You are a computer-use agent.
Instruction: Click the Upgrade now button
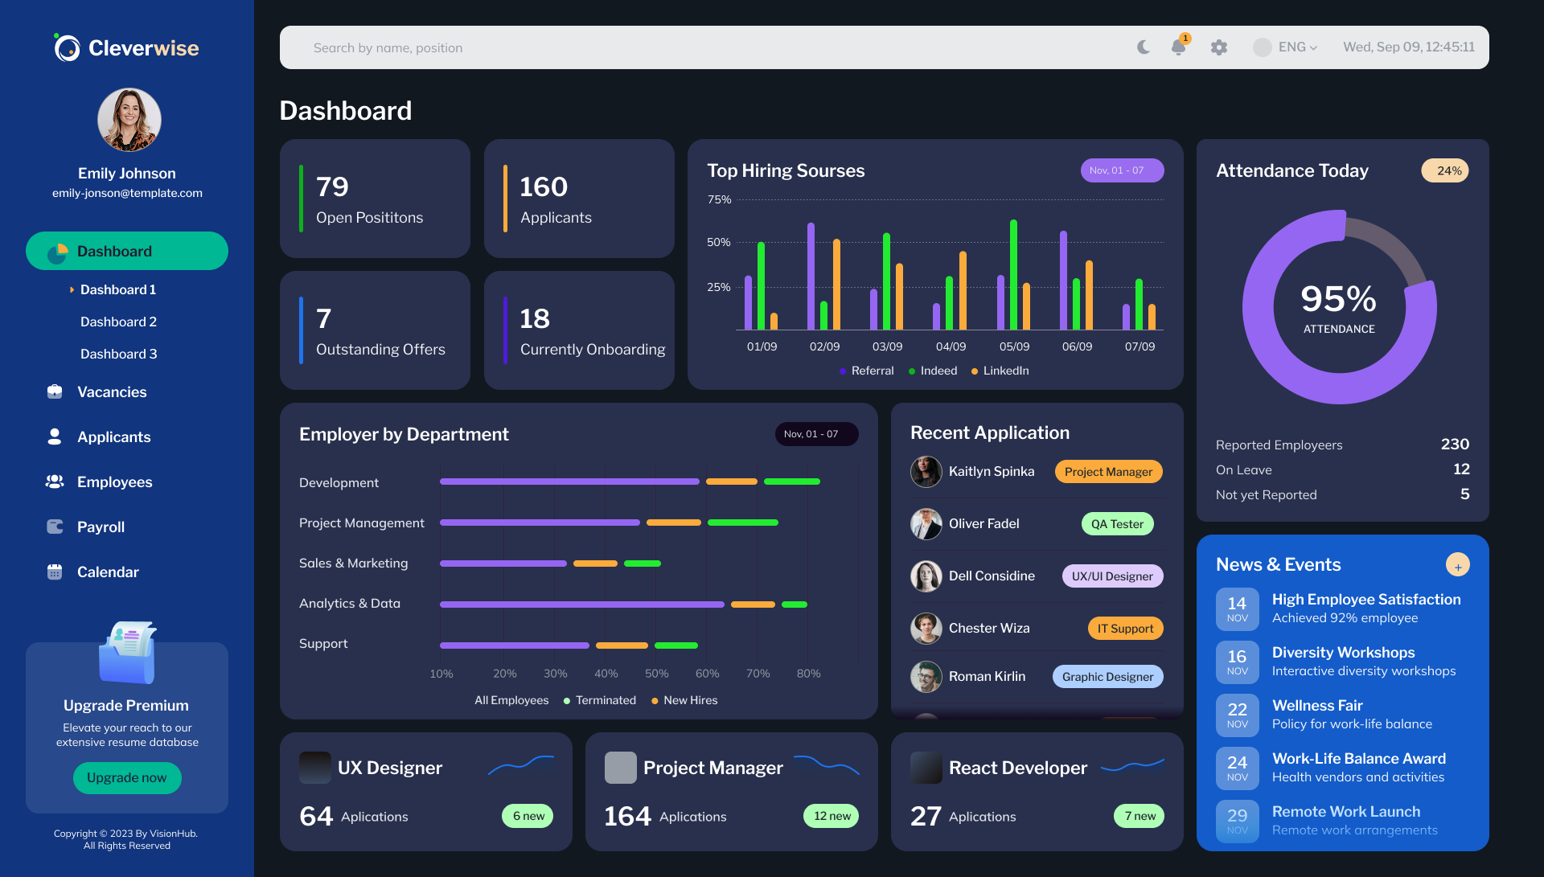(127, 777)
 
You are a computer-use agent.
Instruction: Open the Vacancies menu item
(112, 392)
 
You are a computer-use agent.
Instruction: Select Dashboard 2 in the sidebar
(118, 322)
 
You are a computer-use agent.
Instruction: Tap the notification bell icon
(1179, 47)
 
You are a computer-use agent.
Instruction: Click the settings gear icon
(1219, 47)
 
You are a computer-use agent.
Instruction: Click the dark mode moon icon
(1144, 47)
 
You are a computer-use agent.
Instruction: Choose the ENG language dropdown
(1285, 47)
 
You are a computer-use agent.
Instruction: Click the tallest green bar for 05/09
(1013, 274)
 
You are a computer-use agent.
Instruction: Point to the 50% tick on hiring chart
(718, 242)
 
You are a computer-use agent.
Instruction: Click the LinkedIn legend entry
(1000, 371)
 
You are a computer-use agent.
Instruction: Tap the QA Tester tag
(1117, 524)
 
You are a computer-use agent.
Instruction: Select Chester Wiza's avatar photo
(926, 629)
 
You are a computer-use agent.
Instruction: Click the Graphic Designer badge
(1107, 677)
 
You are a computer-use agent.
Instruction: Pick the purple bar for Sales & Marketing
(503, 563)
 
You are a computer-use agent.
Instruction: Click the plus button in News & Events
(1457, 565)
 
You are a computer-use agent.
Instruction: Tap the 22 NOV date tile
(1237, 715)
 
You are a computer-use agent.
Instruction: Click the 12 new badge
(832, 816)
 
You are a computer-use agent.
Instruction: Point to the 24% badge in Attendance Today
(1445, 170)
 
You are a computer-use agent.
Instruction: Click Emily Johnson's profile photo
(129, 120)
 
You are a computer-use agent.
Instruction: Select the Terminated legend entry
(600, 701)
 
